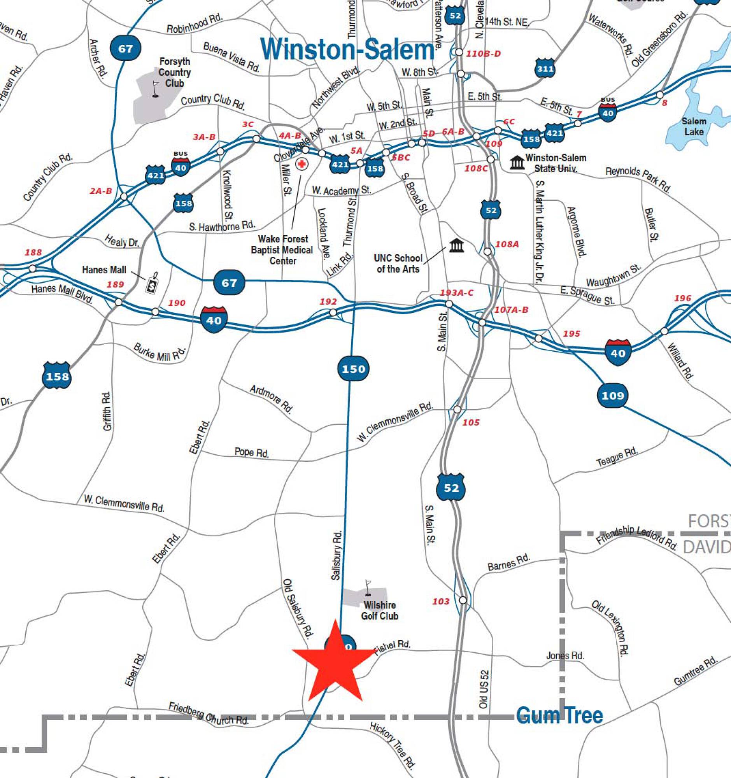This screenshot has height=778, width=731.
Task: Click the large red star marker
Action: click(x=335, y=661)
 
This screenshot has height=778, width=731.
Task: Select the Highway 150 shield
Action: click(x=353, y=369)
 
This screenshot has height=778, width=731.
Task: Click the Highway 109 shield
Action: click(x=612, y=395)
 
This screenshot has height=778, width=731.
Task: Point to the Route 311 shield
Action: click(x=545, y=69)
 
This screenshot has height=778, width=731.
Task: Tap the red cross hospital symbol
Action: click(x=302, y=164)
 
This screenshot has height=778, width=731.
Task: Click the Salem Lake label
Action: click(x=694, y=126)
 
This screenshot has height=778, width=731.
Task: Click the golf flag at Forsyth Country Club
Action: click(x=156, y=89)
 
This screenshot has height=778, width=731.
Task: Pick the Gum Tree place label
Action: click(x=559, y=715)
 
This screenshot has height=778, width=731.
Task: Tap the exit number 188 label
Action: click(x=33, y=252)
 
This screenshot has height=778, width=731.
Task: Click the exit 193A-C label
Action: click(x=456, y=293)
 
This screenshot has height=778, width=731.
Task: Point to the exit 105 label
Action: click(x=471, y=422)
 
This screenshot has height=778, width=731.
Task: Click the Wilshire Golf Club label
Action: click(x=379, y=610)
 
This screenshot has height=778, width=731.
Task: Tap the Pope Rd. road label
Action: click(x=251, y=452)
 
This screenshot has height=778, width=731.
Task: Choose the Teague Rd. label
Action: click(x=617, y=457)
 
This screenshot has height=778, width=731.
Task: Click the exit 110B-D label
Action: click(x=483, y=54)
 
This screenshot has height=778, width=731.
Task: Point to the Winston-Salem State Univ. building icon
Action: click(x=517, y=163)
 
